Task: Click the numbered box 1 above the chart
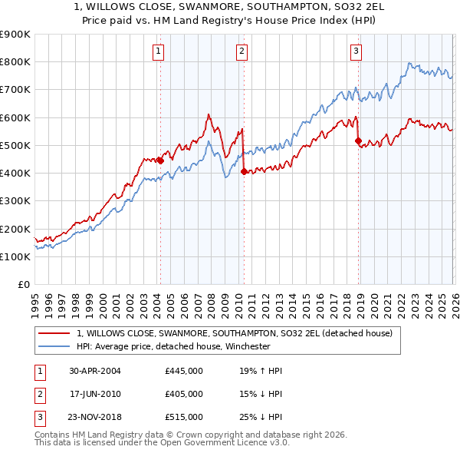tap(158, 51)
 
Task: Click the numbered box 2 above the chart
tap(242, 51)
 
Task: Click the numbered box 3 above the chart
tap(356, 51)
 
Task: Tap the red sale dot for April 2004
tap(160, 160)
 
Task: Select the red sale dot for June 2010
tap(244, 172)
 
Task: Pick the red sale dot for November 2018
tap(358, 141)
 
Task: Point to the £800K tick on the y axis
tap(15, 62)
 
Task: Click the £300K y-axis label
tap(15, 201)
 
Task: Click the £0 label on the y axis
tap(23, 285)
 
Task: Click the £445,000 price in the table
tap(184, 370)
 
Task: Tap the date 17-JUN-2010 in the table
tap(95, 394)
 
